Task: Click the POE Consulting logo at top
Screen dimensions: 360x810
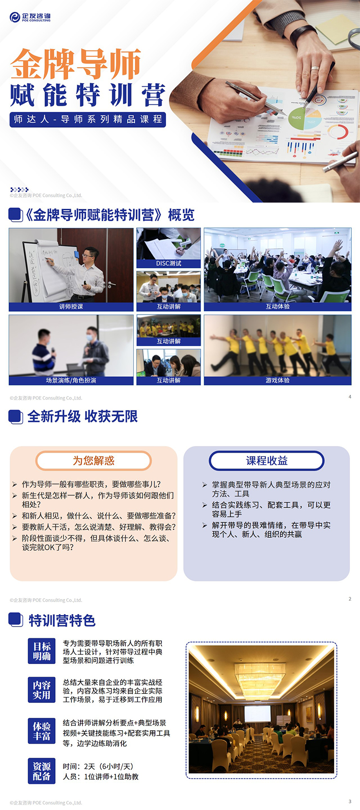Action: coord(30,17)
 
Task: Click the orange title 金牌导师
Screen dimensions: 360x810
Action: coord(75,64)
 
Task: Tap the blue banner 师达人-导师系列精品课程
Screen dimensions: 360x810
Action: coord(88,120)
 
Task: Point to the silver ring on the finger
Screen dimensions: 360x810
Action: coord(315,68)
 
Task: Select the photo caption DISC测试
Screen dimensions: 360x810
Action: coord(168,264)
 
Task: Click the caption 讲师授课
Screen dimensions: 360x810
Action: coord(71,307)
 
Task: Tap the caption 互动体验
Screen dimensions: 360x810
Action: coord(277,307)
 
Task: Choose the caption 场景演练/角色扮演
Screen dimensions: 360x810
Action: coord(71,380)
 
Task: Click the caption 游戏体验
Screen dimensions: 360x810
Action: coord(277,380)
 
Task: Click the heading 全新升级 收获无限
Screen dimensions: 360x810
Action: coord(83,417)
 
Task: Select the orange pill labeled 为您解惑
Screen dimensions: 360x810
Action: coord(94,460)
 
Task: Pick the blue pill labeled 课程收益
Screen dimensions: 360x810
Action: coord(267,460)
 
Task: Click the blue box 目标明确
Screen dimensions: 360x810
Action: coord(42,651)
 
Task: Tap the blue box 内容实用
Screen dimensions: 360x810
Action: coord(42,690)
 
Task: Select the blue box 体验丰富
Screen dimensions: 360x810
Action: coord(42,731)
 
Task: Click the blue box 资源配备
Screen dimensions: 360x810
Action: coord(42,771)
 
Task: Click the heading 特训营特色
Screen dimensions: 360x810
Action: coord(62,620)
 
